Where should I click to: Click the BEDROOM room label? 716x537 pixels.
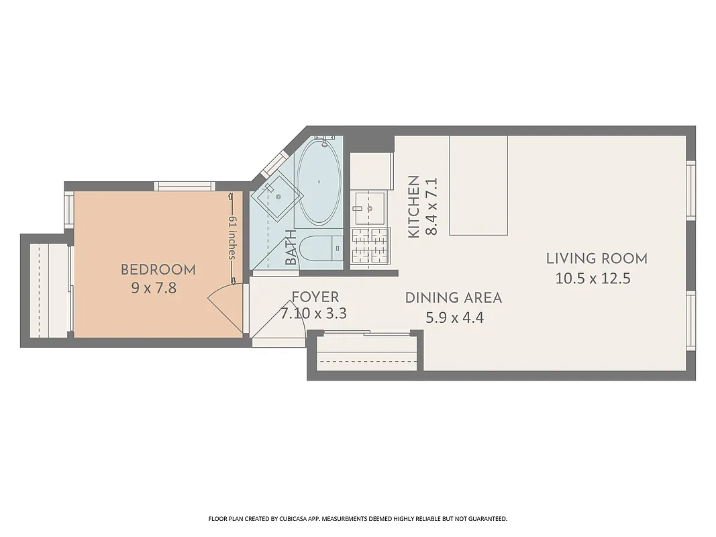pyautogui.click(x=158, y=270)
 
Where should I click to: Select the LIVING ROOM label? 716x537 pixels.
pyautogui.click(x=596, y=258)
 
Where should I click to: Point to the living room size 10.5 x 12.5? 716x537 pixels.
pyautogui.click(x=593, y=279)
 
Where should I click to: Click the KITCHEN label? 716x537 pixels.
pyautogui.click(x=414, y=206)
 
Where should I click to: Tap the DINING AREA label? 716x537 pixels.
pyautogui.click(x=453, y=297)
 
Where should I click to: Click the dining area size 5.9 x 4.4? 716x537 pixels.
pyautogui.click(x=454, y=318)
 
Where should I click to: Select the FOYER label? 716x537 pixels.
pyautogui.click(x=315, y=297)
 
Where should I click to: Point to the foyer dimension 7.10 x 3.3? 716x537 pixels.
pyautogui.click(x=313, y=313)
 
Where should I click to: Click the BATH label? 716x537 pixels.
pyautogui.click(x=291, y=247)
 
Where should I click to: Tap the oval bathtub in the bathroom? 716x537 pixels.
pyautogui.click(x=319, y=181)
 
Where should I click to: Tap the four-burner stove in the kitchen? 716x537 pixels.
pyautogui.click(x=370, y=246)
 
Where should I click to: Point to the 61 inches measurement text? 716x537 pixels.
pyautogui.click(x=232, y=238)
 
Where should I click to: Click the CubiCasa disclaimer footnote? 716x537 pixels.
pyautogui.click(x=358, y=519)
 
